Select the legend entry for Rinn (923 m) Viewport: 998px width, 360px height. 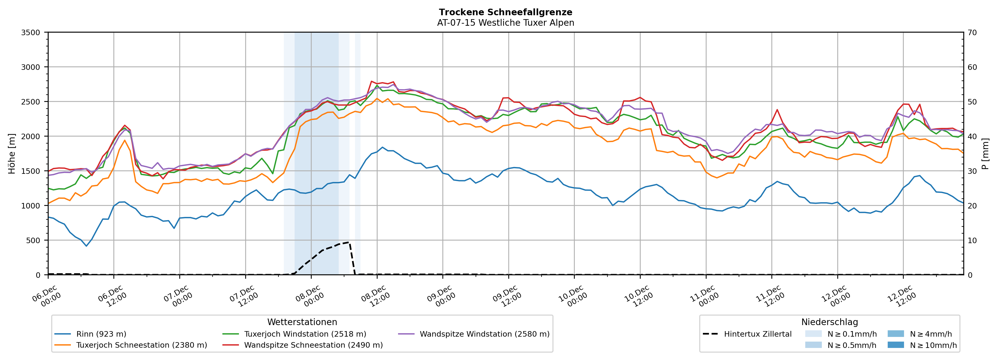(x=101, y=334)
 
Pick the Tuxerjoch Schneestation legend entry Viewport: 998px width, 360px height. (x=142, y=345)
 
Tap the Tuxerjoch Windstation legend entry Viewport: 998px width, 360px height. (x=305, y=334)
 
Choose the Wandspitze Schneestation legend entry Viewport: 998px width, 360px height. (x=313, y=345)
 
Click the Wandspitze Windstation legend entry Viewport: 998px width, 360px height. (x=484, y=334)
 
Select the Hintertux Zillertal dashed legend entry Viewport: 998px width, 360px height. (x=757, y=334)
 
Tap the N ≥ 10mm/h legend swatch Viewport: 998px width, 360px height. (x=895, y=345)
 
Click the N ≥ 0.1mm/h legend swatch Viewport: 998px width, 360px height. (x=813, y=334)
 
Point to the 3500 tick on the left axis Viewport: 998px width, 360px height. (x=31, y=33)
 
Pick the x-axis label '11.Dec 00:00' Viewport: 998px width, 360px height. (x=704, y=297)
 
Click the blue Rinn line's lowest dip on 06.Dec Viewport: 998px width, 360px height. (x=86, y=246)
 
